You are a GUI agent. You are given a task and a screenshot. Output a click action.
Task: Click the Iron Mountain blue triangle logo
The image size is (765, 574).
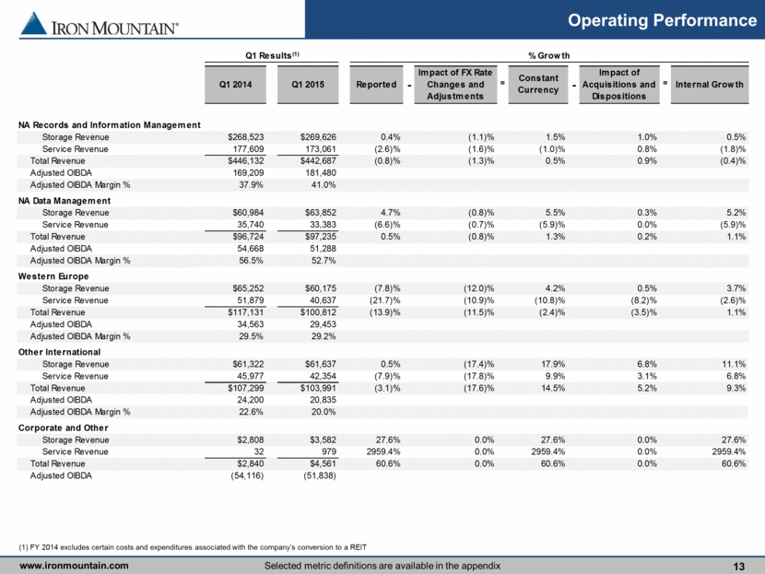[34, 23]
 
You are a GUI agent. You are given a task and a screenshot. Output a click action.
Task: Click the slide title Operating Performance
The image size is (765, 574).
[662, 20]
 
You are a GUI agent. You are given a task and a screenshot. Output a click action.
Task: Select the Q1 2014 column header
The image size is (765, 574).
[235, 85]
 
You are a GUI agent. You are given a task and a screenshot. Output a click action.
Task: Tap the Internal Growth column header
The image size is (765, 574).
[710, 85]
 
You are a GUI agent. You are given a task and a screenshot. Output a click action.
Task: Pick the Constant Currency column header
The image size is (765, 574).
[538, 84]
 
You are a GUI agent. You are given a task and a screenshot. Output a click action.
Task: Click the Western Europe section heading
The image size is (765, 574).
[53, 276]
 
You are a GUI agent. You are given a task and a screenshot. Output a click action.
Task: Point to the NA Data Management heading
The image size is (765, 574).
[65, 201]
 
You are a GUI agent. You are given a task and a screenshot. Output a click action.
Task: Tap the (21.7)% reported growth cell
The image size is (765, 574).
[385, 300]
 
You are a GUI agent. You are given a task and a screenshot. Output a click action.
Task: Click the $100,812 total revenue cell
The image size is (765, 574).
[318, 312]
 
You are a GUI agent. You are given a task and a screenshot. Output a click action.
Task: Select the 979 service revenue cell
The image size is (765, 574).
[329, 451]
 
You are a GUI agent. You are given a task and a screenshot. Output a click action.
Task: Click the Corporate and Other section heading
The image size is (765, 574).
[63, 428]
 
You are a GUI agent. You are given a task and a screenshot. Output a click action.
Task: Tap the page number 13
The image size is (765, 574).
[738, 567]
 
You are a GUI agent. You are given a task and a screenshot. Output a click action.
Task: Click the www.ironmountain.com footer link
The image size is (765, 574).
[74, 566]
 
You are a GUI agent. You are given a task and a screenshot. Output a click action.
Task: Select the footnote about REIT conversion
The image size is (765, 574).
[193, 547]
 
